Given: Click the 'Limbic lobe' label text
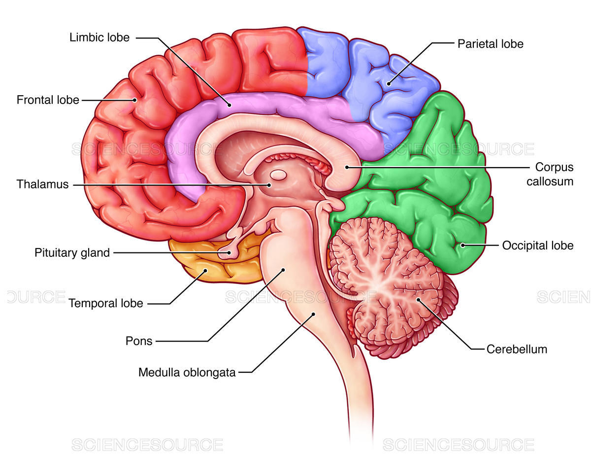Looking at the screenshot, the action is pyautogui.click(x=99, y=37).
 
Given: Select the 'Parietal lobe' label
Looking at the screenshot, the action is pyautogui.click(x=490, y=43).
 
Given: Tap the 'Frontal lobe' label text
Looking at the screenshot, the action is pyautogui.click(x=48, y=100).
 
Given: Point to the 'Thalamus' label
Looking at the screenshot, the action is pyautogui.click(x=42, y=184).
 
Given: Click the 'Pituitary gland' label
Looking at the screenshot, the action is pyautogui.click(x=72, y=253).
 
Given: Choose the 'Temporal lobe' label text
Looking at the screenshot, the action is pyautogui.click(x=105, y=303).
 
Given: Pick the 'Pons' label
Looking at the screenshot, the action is pyautogui.click(x=139, y=341).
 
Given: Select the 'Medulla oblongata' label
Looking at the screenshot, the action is pyautogui.click(x=187, y=372).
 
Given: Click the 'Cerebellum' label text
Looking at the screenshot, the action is pyautogui.click(x=517, y=349).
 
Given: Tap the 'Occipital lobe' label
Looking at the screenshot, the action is pyautogui.click(x=537, y=245).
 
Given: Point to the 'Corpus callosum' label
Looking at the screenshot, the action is pyautogui.click(x=550, y=174).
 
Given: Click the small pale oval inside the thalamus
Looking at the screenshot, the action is pyautogui.click(x=278, y=175).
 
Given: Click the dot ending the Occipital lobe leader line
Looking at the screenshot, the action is pyautogui.click(x=462, y=245).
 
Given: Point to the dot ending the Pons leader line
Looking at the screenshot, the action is pyautogui.click(x=283, y=269).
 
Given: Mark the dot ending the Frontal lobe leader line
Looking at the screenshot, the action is pyautogui.click(x=134, y=100).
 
